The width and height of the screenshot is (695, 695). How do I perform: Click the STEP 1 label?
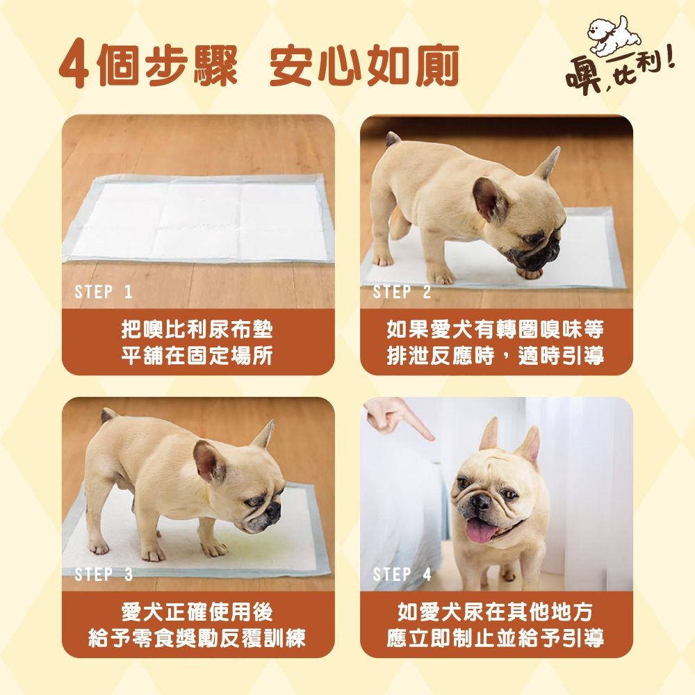point(104,292)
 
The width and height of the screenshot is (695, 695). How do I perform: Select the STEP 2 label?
point(402,292)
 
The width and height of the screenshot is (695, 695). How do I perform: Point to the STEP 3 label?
point(104,575)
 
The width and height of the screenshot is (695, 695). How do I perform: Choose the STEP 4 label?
point(402,575)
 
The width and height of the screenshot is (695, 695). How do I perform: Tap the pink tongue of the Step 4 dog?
point(481,530)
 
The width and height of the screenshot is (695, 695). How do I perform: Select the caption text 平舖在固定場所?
point(197,356)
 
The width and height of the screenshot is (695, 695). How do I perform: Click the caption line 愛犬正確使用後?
point(197,612)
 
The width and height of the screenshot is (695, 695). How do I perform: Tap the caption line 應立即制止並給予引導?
point(495,638)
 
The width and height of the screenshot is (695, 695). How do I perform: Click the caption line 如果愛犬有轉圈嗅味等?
point(495,329)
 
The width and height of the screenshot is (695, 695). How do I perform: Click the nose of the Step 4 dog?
point(480,502)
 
